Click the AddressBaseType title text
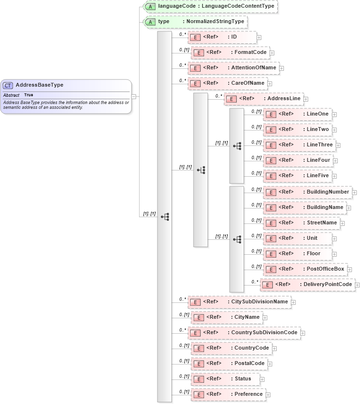pyautogui.click(x=39, y=85)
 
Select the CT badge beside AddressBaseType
pyautogui.click(x=8, y=85)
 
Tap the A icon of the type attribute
pyautogui.click(x=150, y=22)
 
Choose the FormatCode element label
pyautogui.click(x=250, y=52)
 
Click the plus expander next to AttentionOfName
pyautogui.click(x=282, y=68)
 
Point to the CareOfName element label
pyautogui.click(x=248, y=83)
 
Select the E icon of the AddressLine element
pyautogui.click(x=232, y=99)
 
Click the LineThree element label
pyautogui.click(x=320, y=145)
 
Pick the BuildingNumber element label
pyautogui.click(x=328, y=192)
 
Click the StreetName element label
pyautogui.click(x=322, y=223)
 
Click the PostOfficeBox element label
pyautogui.click(x=325, y=269)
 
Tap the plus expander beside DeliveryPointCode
pyautogui.click(x=357, y=285)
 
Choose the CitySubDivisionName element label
pyautogui.click(x=259, y=302)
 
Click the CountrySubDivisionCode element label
pyautogui.click(x=264, y=333)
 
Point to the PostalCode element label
pyautogui.click(x=249, y=364)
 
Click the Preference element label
pyautogui.click(x=248, y=394)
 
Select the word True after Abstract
pyautogui.click(x=29, y=95)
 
